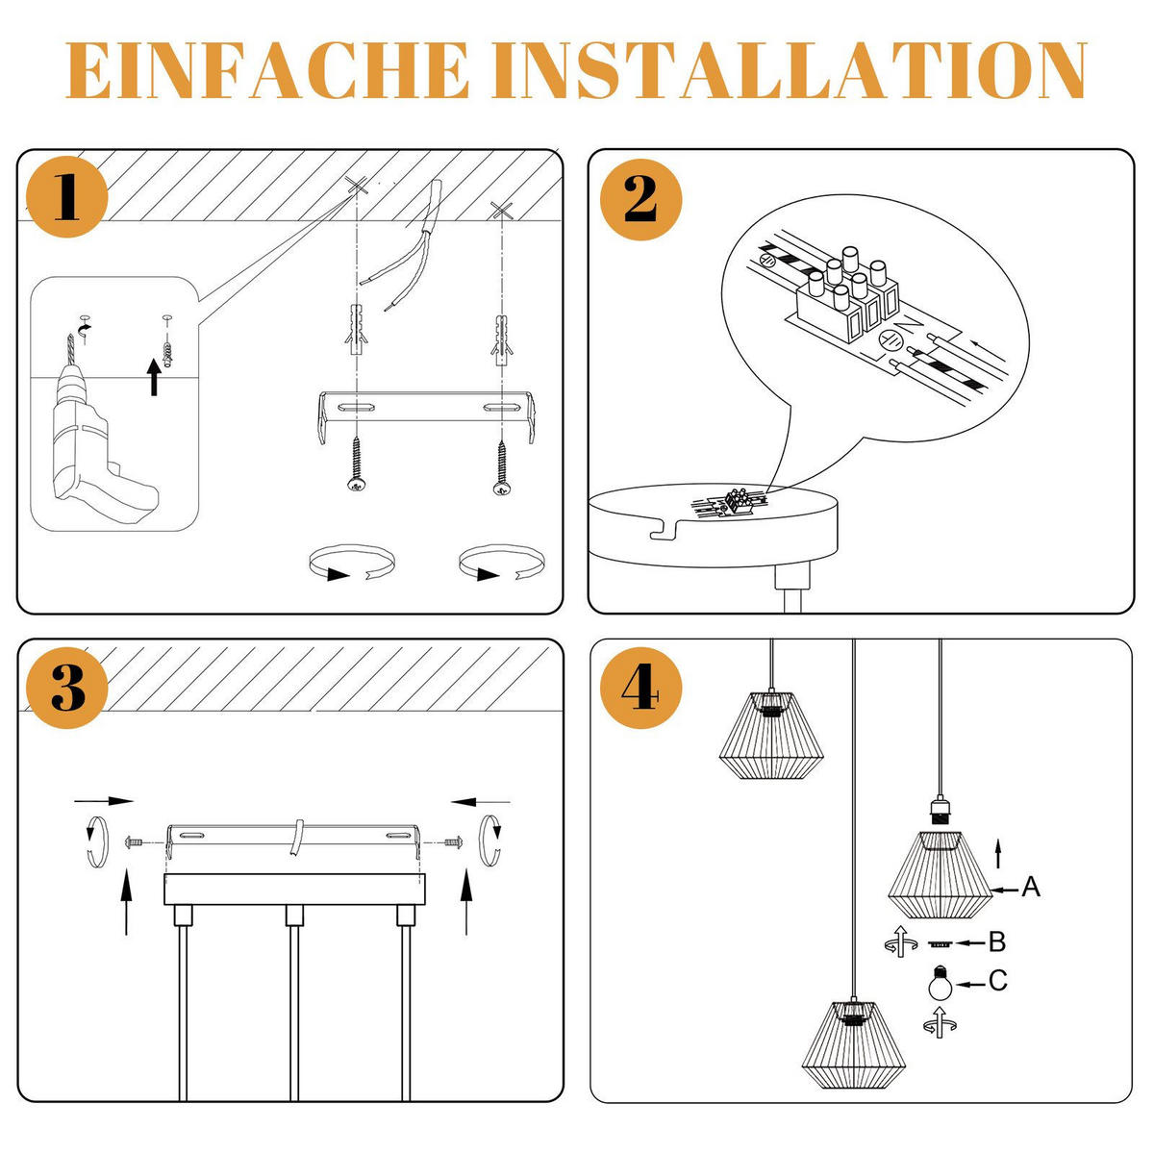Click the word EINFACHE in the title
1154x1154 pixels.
[x=266, y=69]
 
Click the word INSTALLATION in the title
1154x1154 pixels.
[x=789, y=69]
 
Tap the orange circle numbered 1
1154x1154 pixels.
[x=67, y=197]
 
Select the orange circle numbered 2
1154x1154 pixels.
[x=640, y=199]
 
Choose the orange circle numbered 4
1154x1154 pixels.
[x=640, y=688]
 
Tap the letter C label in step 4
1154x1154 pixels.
[x=998, y=980]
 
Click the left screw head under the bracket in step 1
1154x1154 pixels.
[x=357, y=485]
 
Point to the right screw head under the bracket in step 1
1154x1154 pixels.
[x=501, y=488]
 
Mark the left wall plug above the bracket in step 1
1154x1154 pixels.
[x=357, y=330]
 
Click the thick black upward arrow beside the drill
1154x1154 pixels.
[x=155, y=377]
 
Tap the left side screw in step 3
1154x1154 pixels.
[x=135, y=842]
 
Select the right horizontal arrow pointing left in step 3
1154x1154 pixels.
[x=480, y=801]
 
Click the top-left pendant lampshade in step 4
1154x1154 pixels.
[x=771, y=736]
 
